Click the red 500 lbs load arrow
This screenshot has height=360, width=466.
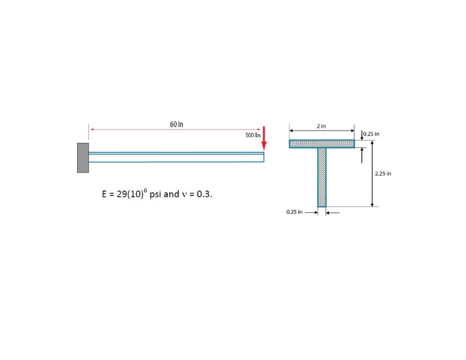click(x=264, y=139)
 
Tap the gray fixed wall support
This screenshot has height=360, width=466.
click(x=83, y=158)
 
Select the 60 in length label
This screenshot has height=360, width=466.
click(x=177, y=124)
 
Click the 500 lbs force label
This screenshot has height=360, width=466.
click(x=253, y=135)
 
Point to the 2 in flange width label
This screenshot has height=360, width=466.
click(x=321, y=126)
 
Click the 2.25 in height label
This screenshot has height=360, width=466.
click(x=383, y=174)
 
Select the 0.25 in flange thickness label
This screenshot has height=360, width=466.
click(x=371, y=134)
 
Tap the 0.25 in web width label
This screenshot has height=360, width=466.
click(x=295, y=212)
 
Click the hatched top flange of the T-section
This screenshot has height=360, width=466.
click(x=322, y=144)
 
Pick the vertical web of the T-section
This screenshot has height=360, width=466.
click(x=322, y=177)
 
